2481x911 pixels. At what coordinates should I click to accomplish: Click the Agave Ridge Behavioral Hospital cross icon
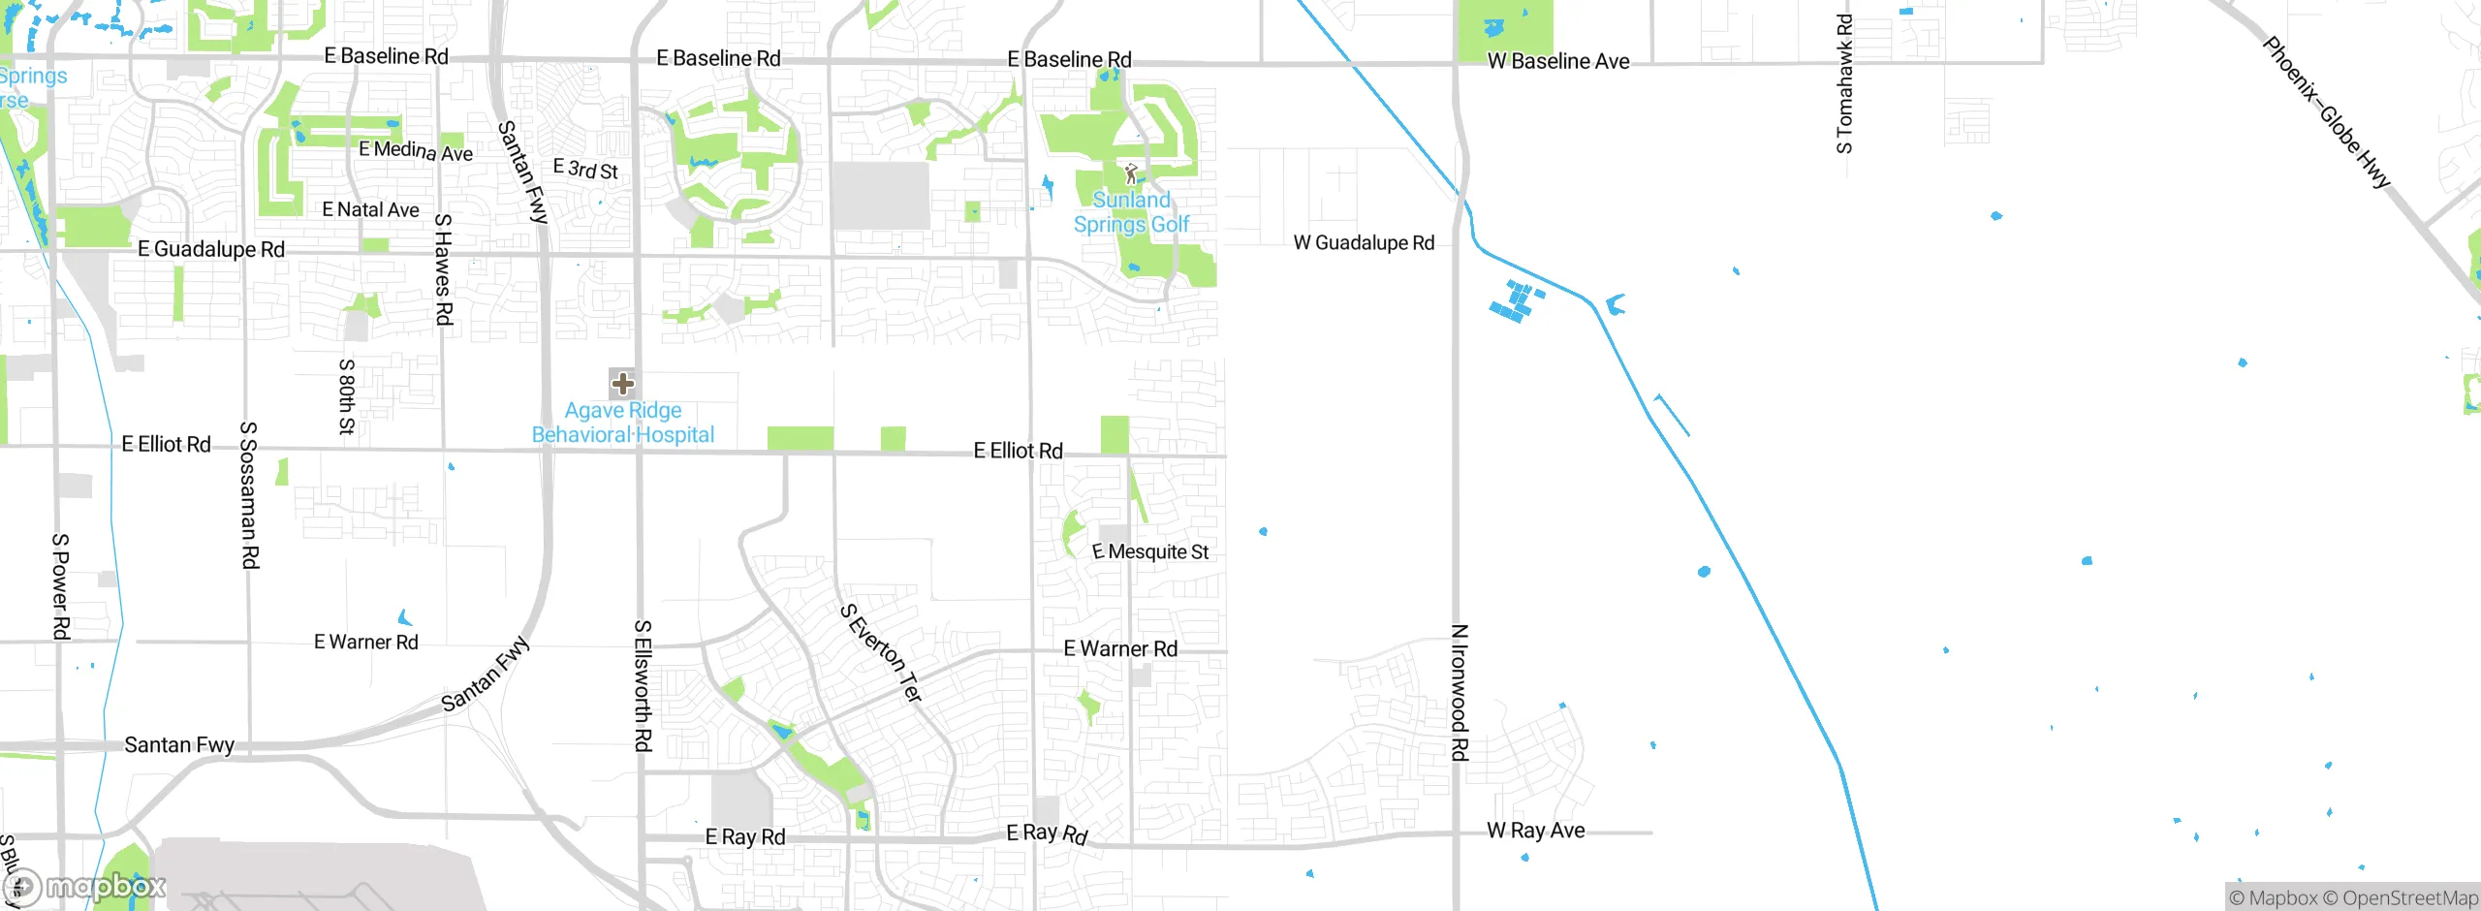(x=622, y=384)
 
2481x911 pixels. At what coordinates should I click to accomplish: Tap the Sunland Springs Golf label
(x=1131, y=212)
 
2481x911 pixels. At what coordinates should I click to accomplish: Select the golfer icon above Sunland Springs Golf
(x=1130, y=174)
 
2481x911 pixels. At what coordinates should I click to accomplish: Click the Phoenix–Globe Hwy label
(x=2326, y=112)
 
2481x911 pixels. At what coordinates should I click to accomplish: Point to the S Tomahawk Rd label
(x=1844, y=83)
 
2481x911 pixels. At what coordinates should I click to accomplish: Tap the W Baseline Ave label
(x=1558, y=62)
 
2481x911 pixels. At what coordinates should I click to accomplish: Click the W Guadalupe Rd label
(x=1364, y=243)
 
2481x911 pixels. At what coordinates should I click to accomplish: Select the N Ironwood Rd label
(x=1460, y=692)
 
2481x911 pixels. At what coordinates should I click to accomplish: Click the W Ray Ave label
(x=1536, y=831)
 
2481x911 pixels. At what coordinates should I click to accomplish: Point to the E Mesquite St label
(x=1150, y=552)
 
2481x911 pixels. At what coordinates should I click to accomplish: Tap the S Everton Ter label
(x=881, y=652)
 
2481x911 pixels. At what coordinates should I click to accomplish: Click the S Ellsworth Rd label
(x=642, y=685)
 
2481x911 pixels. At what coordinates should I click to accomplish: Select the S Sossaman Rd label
(x=249, y=494)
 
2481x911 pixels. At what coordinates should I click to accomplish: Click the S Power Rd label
(x=60, y=586)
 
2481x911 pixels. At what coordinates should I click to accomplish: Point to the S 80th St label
(x=346, y=396)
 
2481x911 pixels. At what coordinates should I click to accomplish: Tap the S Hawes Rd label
(x=443, y=268)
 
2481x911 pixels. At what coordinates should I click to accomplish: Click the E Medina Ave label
(x=416, y=150)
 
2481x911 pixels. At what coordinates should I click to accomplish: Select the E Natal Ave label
(x=370, y=210)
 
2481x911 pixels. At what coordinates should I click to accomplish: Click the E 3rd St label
(x=585, y=170)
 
